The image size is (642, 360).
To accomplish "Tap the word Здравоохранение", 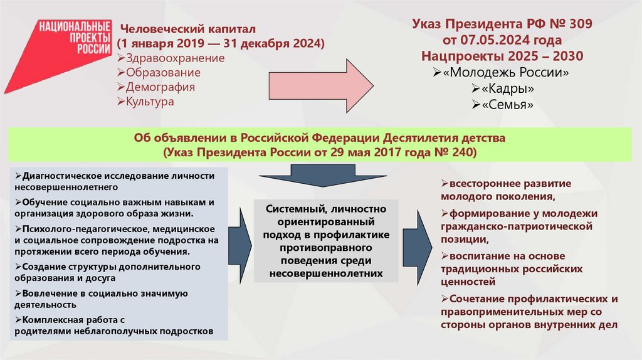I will click(174, 58).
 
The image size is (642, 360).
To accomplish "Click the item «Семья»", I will click(508, 105).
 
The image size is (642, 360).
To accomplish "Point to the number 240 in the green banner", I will click(460, 152).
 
